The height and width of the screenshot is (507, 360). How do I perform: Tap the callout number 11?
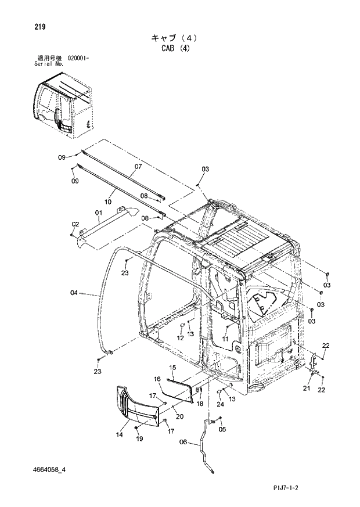point(225,338)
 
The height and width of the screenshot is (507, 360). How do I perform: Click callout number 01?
point(99,213)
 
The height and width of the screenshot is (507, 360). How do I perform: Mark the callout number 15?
point(172,368)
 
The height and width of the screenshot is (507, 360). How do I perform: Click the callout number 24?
point(220,404)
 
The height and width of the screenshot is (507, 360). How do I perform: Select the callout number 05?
point(221,429)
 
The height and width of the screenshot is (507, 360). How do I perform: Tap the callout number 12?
point(180,337)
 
